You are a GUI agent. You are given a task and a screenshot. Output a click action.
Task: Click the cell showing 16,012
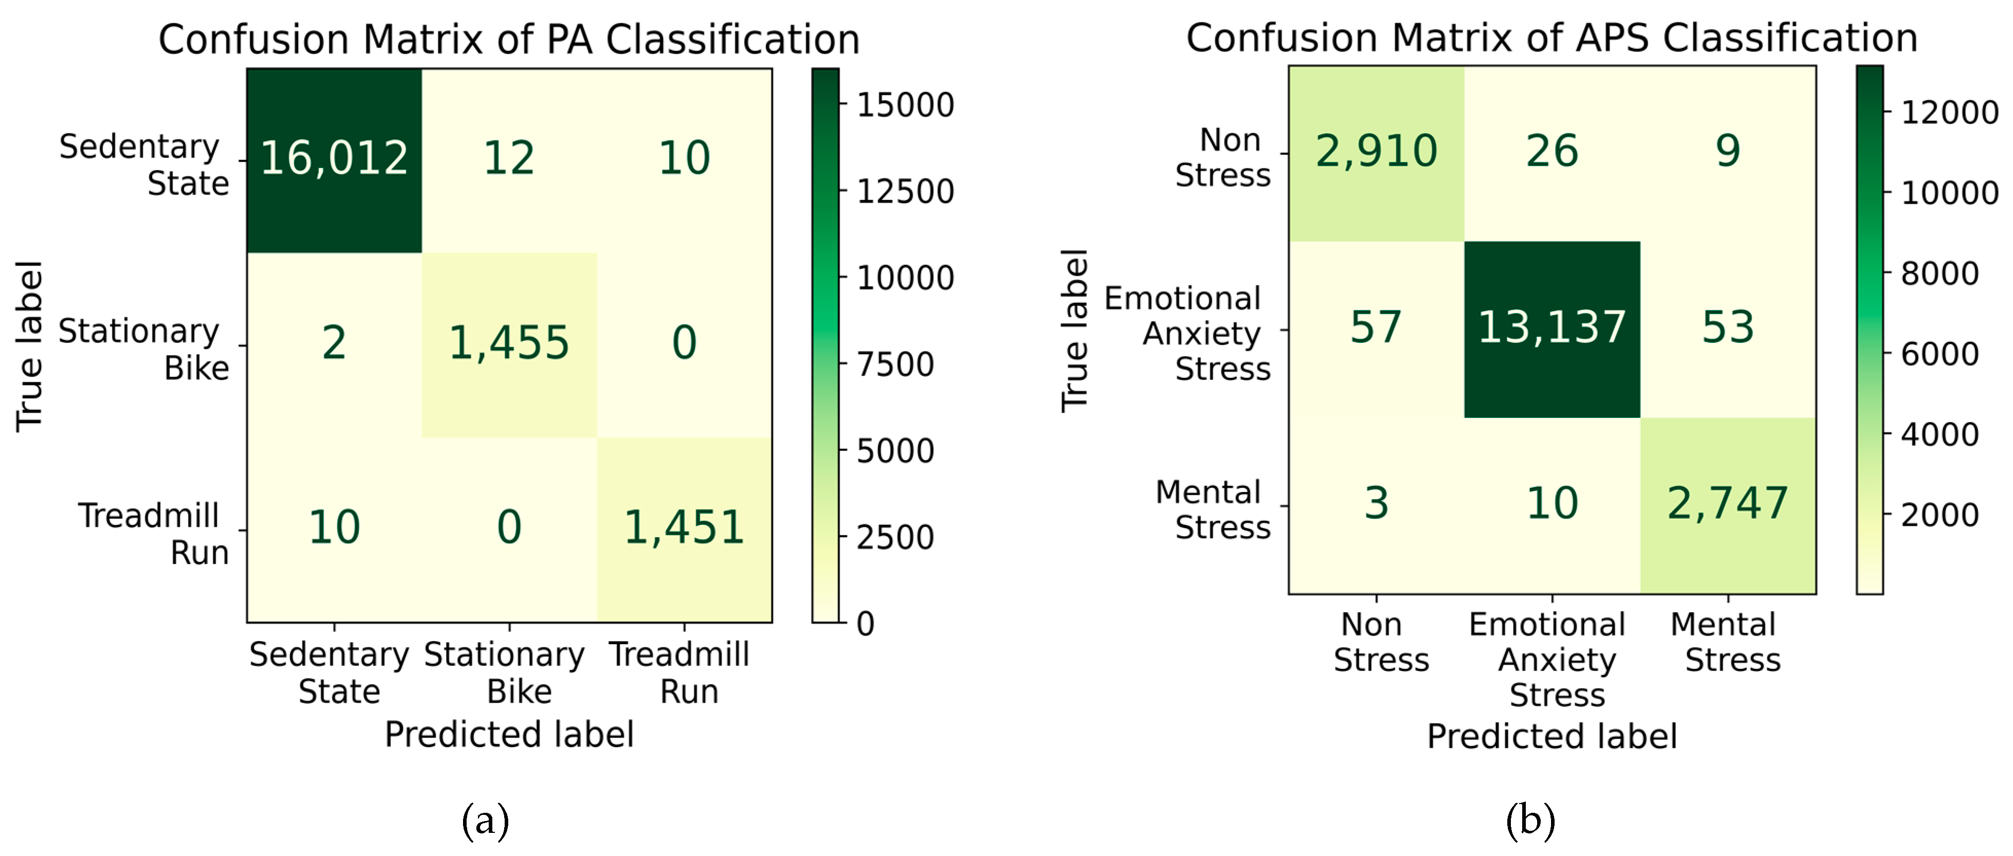[335, 159]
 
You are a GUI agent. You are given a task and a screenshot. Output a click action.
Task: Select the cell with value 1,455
[509, 343]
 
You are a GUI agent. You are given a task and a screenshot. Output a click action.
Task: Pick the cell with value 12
[509, 159]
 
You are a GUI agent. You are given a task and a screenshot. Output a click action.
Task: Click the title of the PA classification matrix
[509, 39]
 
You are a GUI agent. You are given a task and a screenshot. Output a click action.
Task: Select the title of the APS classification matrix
[1552, 38]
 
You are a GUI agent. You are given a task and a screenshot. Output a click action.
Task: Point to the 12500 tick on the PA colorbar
[905, 192]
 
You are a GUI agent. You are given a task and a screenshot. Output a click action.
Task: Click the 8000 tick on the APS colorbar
[1940, 274]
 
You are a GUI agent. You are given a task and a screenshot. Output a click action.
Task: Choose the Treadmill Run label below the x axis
[680, 672]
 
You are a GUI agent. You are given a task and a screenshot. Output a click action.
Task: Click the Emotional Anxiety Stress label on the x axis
[1552, 659]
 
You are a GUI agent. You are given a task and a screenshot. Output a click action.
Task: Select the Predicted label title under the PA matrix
[509, 735]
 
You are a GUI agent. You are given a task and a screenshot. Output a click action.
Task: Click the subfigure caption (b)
[1530, 821]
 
